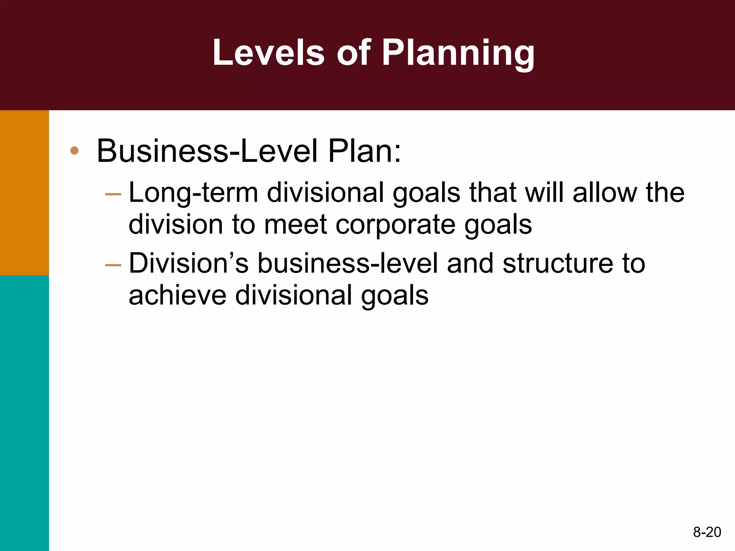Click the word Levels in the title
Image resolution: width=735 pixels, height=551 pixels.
(268, 53)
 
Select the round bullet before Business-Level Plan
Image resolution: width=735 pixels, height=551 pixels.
(74, 151)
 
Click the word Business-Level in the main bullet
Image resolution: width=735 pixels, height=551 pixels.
(207, 151)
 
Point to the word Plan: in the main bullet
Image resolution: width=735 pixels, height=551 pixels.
(365, 151)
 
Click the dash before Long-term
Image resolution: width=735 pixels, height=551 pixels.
(113, 194)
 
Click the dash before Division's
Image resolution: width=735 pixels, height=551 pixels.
(113, 265)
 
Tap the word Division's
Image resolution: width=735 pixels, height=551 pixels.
(188, 264)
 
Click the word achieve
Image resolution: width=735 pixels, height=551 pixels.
(177, 296)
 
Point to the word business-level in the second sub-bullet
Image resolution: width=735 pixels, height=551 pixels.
(348, 264)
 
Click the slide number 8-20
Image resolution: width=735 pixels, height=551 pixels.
(707, 532)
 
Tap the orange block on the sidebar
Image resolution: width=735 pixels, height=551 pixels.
(24, 193)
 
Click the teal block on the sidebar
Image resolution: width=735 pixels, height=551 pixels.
(24, 413)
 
